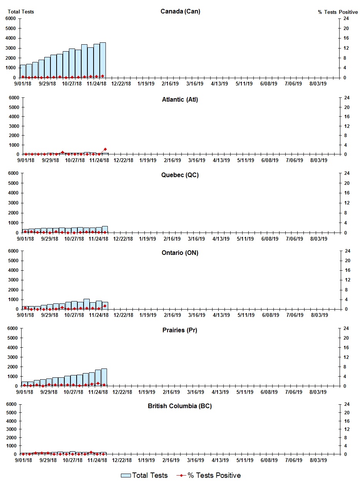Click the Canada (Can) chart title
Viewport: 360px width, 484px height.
[x=180, y=12]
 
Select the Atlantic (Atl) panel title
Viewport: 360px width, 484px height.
[x=180, y=100]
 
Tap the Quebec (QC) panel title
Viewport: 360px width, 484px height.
[x=180, y=175]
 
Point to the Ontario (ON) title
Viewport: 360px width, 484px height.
[x=180, y=253]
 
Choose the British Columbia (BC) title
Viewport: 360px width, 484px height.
[x=180, y=406]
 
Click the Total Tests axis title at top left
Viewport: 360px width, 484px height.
[x=21, y=12]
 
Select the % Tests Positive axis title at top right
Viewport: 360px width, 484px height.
[x=338, y=12]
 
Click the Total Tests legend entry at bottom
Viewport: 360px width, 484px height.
[x=144, y=476]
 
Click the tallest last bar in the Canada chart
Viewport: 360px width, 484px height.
[x=102, y=60]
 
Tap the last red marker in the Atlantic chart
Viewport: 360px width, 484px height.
[x=105, y=149]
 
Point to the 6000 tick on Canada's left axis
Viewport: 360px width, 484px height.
[x=11, y=18]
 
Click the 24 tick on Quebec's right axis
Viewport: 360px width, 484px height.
[x=341, y=173]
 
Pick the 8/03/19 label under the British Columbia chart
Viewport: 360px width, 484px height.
[x=318, y=460]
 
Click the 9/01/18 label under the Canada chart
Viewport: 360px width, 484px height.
[x=23, y=84]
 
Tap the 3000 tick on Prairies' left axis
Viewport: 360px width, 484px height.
[x=13, y=357]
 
